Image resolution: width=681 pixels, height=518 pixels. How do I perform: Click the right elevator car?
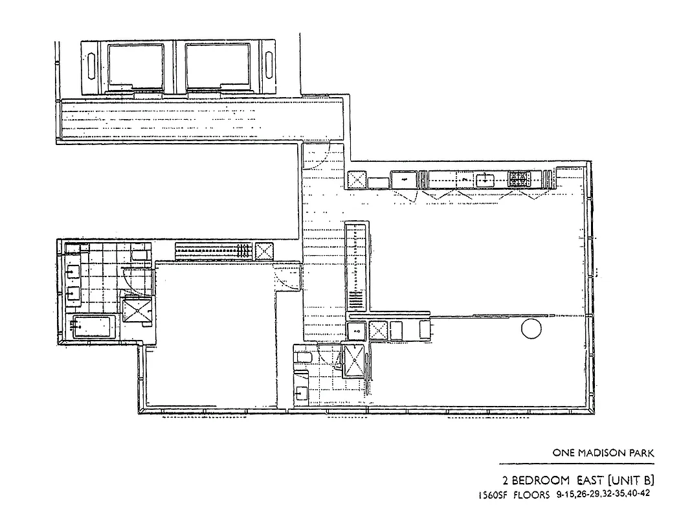click(216, 65)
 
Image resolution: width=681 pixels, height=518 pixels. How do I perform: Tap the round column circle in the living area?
click(531, 330)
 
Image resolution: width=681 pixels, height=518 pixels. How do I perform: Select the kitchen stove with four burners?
click(519, 179)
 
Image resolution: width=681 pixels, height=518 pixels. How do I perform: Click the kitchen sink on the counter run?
click(485, 179)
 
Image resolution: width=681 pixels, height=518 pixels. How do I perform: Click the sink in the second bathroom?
click(302, 392)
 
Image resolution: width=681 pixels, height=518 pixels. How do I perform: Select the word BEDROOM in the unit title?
click(542, 480)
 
